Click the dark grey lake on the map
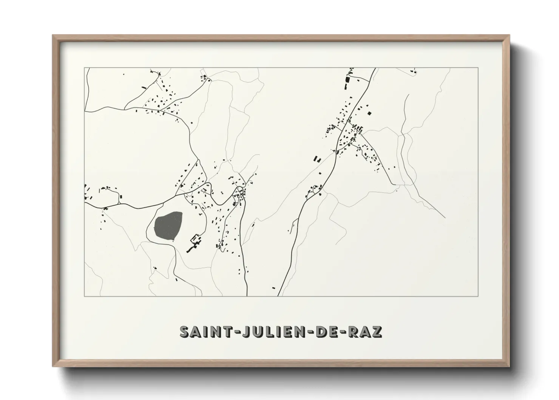tap(168, 226)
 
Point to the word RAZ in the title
tap(364, 331)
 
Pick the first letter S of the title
tap(185, 331)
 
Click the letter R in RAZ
tap(353, 331)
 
